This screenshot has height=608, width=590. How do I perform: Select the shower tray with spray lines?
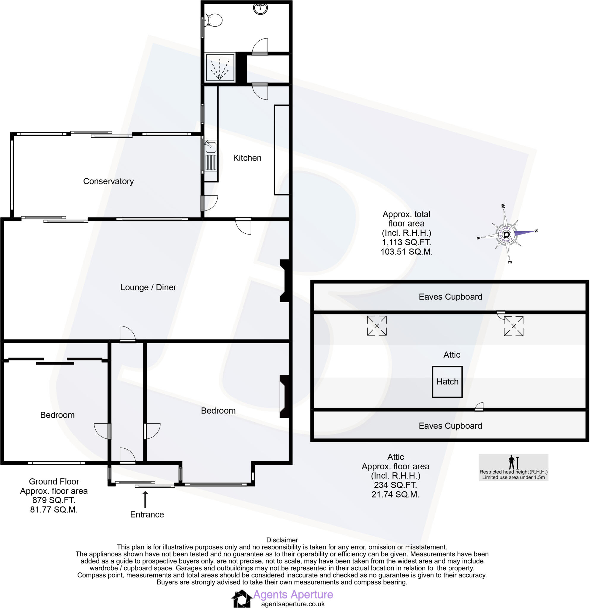[220, 67]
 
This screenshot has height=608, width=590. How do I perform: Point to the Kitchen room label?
[247, 158]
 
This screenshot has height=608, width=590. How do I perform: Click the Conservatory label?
[108, 181]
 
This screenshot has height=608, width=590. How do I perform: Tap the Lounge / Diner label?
[148, 287]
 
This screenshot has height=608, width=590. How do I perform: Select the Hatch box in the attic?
[447, 381]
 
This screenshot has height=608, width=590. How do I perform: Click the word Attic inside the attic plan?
[451, 354]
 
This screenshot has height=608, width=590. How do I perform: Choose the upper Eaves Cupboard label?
[450, 297]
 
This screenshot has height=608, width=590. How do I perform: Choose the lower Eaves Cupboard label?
[450, 426]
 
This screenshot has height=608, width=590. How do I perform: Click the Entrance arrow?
[145, 499]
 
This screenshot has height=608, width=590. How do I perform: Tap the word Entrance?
[147, 514]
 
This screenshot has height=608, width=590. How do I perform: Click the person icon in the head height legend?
[512, 462]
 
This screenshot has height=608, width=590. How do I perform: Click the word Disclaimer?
[282, 540]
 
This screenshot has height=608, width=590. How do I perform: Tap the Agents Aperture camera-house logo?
[242, 599]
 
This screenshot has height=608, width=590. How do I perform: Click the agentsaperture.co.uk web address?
[292, 604]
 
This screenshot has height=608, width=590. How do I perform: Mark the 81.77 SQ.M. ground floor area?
[54, 509]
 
